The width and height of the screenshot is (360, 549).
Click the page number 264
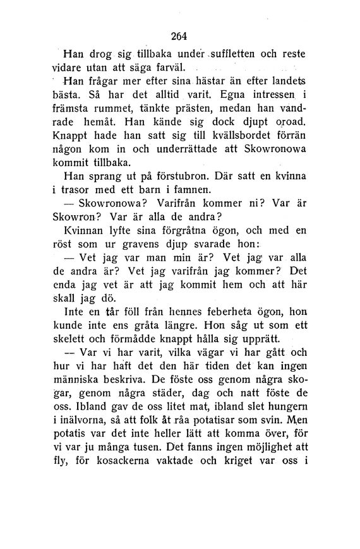(179, 35)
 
